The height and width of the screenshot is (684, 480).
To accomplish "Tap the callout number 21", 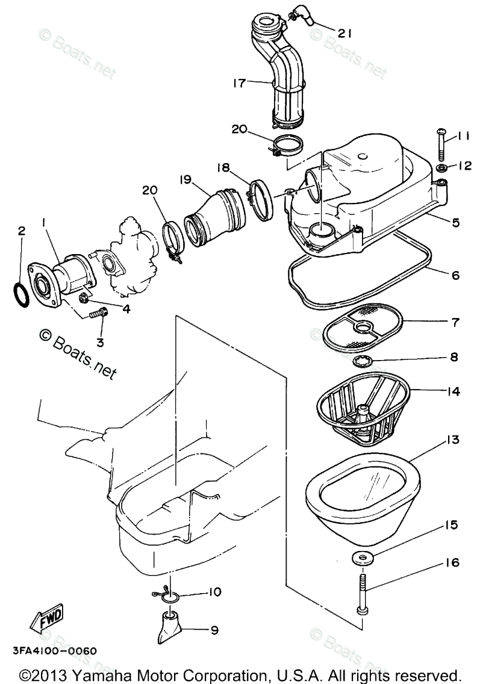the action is pyautogui.click(x=344, y=33).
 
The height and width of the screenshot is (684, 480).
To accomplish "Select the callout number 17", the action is pyautogui.click(x=239, y=82).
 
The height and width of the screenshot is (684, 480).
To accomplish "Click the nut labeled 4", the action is pyautogui.click(x=84, y=299).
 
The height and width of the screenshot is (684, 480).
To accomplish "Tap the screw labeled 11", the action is pyautogui.click(x=440, y=146).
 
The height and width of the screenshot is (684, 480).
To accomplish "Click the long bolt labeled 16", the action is pyautogui.click(x=361, y=594).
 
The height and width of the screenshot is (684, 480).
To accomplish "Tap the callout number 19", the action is pyautogui.click(x=185, y=179).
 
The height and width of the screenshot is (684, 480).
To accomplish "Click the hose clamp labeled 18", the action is pyautogui.click(x=261, y=200).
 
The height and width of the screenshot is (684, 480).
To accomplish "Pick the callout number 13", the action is pyautogui.click(x=452, y=440).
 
